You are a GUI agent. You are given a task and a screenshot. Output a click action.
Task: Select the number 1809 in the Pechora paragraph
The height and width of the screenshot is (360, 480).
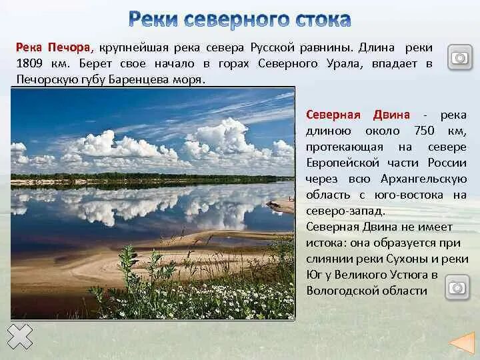pos(30,64)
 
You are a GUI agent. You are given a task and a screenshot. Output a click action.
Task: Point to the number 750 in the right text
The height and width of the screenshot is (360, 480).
pos(426,130)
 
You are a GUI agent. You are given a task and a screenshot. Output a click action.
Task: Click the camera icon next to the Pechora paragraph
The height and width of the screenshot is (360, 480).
pos(459,57)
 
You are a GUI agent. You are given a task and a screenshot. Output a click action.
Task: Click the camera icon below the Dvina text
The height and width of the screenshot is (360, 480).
pos(457,288)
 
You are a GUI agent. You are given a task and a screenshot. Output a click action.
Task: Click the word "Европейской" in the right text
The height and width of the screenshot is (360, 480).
pos(338,163)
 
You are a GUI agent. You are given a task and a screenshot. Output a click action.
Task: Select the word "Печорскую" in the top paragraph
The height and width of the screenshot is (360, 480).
pos(41,79)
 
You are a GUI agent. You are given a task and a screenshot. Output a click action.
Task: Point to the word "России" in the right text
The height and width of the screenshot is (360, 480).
pos(447,163)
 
